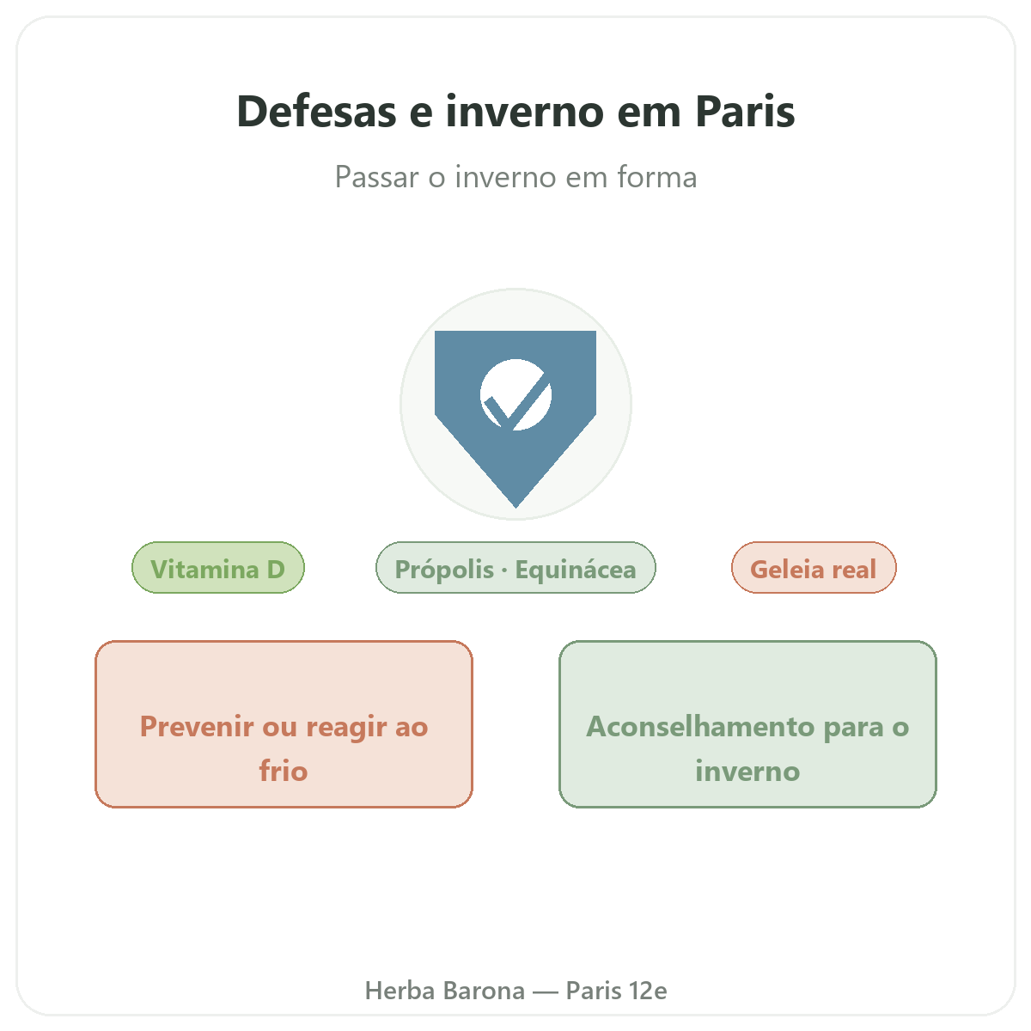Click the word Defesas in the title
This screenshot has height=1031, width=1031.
coord(316,112)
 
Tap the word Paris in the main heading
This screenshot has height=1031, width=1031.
coord(745,112)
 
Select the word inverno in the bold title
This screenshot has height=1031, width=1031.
coord(524,112)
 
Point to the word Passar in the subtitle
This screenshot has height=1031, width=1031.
coord(376,177)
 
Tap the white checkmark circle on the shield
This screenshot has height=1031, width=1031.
coord(515,394)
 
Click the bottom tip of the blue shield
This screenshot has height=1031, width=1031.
coord(515,507)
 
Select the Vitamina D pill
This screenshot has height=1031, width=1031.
coord(217,568)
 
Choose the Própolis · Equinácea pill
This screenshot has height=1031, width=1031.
coord(515,568)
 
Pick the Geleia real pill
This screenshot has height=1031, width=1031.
coord(814,568)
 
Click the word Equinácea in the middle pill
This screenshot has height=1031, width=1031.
coord(575,570)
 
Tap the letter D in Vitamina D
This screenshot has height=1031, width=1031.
coord(276,570)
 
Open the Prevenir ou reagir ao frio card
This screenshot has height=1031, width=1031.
coord(284,724)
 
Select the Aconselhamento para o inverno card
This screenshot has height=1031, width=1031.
coord(747,724)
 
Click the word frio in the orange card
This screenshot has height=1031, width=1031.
coord(284,771)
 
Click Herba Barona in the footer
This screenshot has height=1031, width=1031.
coord(444,991)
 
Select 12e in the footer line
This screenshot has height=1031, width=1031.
coord(648,991)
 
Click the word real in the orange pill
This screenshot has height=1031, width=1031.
coord(853,570)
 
